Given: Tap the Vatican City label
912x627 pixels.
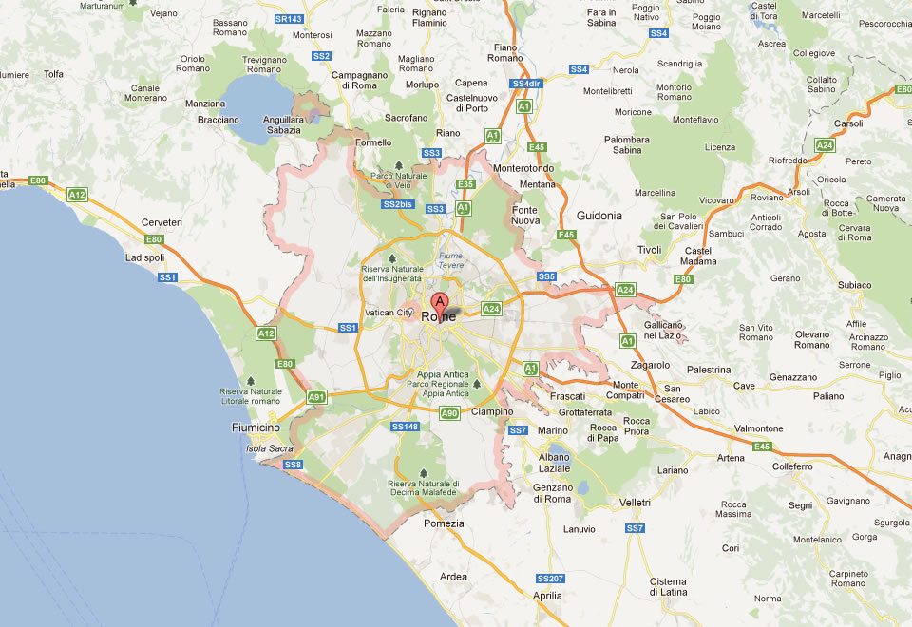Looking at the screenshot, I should tap(389, 313).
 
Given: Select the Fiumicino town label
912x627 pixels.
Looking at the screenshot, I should tap(256, 427).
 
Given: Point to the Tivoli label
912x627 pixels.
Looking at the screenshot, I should tap(649, 250).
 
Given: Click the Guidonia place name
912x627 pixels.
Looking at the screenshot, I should tap(598, 216).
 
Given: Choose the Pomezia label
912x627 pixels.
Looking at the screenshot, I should tap(445, 523).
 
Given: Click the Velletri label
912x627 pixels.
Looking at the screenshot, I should tap(634, 502).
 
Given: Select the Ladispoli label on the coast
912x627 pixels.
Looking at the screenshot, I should tap(144, 257).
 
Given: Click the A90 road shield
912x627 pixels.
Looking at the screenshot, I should tap(449, 412).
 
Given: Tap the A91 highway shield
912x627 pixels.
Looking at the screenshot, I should tap(315, 397).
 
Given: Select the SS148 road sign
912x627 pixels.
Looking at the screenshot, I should tap(404, 427).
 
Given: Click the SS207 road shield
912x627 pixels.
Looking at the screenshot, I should tap(550, 578).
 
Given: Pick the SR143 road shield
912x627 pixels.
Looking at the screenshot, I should tap(288, 18).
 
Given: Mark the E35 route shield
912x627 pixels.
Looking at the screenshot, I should tap(465, 184).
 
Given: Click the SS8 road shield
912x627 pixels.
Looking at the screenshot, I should tap(293, 465).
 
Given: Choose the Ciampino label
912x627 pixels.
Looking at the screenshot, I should tap(493, 411).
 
